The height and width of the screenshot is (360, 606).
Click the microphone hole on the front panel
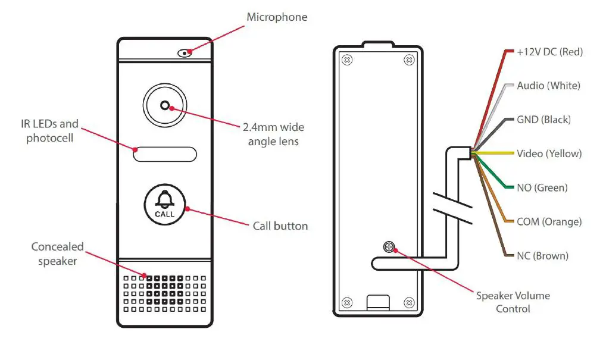click(185, 52)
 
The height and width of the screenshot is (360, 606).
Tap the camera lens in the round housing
click(165, 107)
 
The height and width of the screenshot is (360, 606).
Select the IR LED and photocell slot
click(165, 154)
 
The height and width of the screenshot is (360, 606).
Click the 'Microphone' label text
click(277, 17)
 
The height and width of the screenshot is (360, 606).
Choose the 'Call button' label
click(280, 226)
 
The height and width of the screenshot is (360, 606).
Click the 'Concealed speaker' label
click(58, 253)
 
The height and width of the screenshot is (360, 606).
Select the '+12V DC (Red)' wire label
click(549, 52)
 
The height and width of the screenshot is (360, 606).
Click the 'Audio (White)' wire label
click(548, 86)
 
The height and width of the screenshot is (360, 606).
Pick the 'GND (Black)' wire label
click(543, 120)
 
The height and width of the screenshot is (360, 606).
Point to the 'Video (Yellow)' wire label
click(549, 154)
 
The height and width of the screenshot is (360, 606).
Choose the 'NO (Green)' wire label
click(542, 188)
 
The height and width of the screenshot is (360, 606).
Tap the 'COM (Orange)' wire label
click(549, 222)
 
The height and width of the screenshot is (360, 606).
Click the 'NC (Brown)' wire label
click(542, 256)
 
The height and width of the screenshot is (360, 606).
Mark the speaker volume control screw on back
click(389, 246)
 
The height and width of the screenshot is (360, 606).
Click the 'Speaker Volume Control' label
click(513, 302)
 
